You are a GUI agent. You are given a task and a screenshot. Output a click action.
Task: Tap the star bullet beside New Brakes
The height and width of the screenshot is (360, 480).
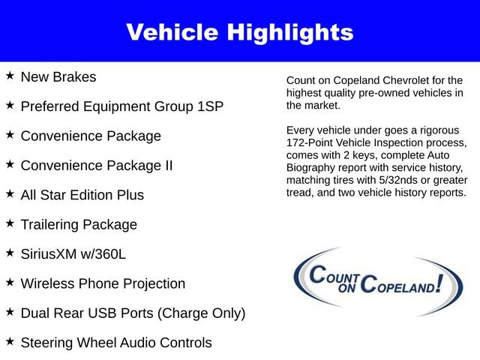(10, 76)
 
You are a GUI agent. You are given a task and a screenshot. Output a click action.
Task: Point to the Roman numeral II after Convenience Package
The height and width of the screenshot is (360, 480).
(169, 166)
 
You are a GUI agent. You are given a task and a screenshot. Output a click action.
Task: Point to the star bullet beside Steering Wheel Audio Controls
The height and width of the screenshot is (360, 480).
(10, 342)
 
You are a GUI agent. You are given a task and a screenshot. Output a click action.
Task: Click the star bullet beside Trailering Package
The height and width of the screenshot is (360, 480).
(10, 223)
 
